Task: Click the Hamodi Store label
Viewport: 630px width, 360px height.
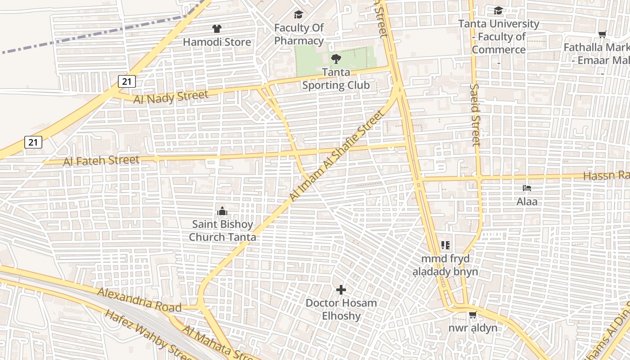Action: [216, 42]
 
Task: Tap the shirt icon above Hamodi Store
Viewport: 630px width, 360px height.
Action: [217, 29]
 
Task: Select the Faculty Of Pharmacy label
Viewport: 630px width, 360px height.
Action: [299, 34]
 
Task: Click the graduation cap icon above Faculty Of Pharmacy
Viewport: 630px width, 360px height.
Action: [298, 15]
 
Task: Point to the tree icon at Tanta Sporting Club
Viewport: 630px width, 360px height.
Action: [336, 58]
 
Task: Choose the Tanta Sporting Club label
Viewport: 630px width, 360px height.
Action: [336, 79]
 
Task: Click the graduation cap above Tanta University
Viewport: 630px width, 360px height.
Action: [498, 10]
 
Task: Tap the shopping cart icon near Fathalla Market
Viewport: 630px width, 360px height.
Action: [602, 34]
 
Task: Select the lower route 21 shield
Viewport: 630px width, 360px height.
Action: [33, 142]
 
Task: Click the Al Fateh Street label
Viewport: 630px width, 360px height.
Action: [101, 161]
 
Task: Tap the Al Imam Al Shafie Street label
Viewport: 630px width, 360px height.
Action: [337, 155]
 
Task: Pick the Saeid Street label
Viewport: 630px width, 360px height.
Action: [475, 115]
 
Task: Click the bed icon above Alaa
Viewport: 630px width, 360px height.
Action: [526, 188]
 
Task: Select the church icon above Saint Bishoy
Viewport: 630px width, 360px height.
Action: [222, 211]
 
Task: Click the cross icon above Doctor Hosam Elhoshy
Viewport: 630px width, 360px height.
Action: [341, 289]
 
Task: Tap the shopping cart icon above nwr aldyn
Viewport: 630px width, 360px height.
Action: [472, 315]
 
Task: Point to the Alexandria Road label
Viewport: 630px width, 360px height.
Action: [139, 300]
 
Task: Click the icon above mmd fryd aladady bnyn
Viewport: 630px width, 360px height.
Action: [445, 245]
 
